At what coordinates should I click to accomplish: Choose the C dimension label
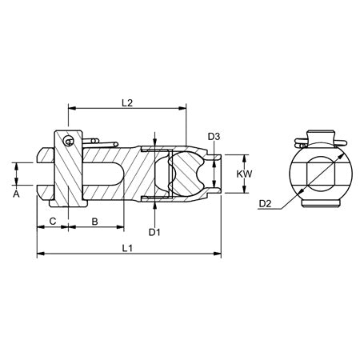click(x=52, y=219)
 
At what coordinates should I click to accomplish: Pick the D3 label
click(x=214, y=137)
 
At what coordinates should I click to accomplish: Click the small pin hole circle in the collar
click(x=70, y=142)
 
